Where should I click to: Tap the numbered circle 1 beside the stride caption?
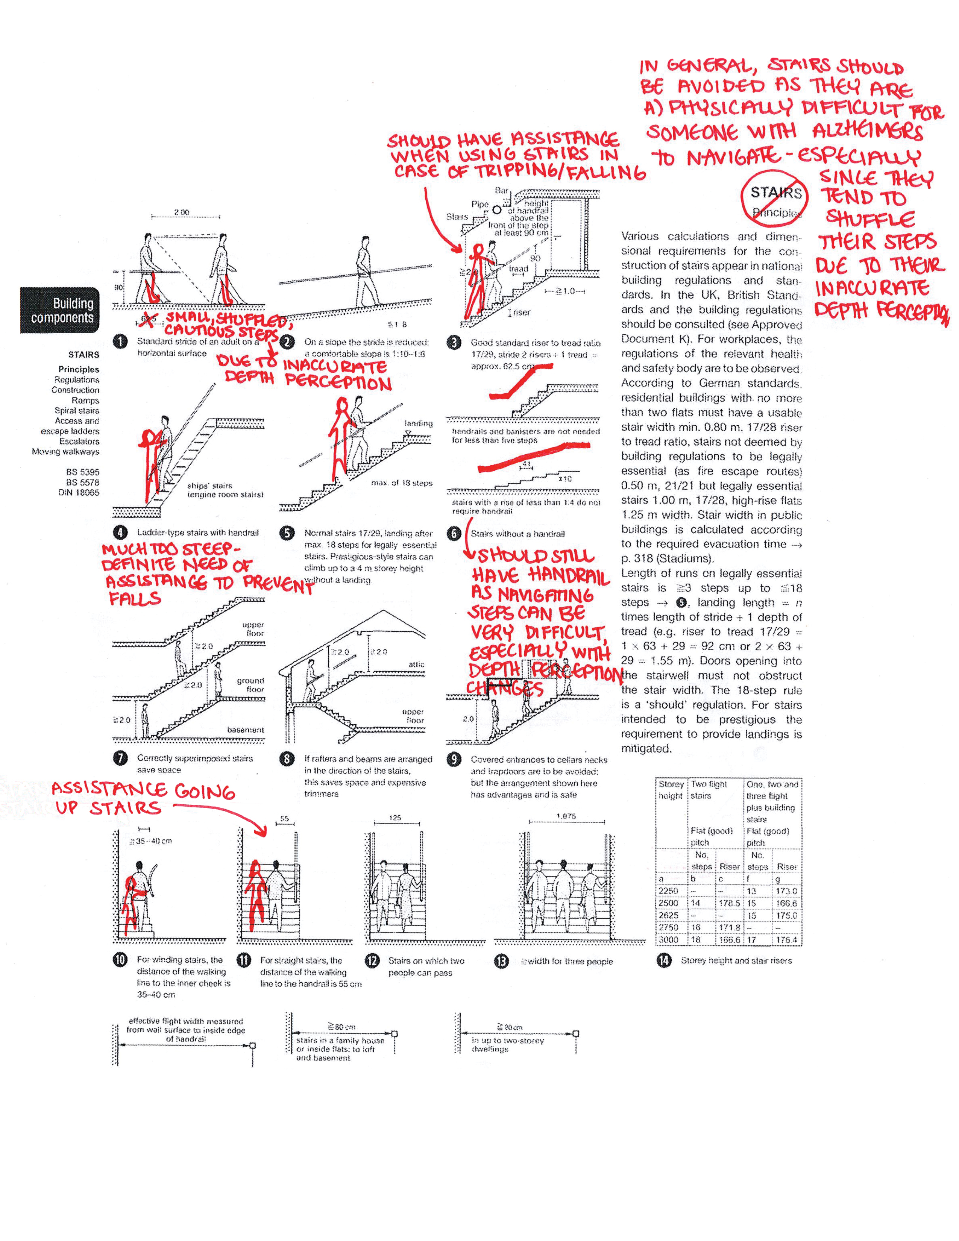coord(120,341)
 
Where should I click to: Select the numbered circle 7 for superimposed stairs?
coord(120,758)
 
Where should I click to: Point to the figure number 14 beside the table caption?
coord(663,960)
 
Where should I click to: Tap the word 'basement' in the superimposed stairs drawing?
coord(246,730)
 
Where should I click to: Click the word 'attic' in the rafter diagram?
coord(416,664)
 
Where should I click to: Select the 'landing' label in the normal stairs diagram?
coord(419,423)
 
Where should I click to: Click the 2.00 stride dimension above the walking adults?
coord(182,212)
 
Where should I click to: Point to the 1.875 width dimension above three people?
coord(566,816)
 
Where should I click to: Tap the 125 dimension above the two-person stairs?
coord(395,818)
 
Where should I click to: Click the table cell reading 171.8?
coord(730,927)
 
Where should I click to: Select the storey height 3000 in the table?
coord(669,940)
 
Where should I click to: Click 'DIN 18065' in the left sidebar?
coord(79,493)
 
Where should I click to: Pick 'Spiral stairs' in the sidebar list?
coord(77,410)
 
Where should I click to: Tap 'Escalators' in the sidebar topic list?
coord(79,441)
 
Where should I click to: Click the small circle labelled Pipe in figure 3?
coord(496,210)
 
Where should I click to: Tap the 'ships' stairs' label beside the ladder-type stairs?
coord(209,486)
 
